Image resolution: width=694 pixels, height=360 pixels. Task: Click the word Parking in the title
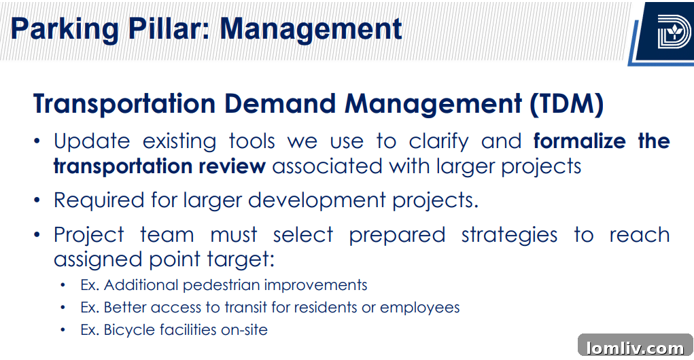[65, 30]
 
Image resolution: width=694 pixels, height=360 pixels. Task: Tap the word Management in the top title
[311, 30]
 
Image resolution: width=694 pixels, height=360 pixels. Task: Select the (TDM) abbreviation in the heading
[566, 104]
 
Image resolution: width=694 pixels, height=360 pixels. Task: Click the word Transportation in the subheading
[124, 104]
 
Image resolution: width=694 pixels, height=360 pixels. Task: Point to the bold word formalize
[579, 141]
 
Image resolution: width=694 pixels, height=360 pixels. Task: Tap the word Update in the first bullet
[92, 142]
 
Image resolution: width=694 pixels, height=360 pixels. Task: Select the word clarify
[438, 142]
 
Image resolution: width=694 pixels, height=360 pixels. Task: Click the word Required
[99, 200]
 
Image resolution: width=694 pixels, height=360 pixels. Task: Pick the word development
[317, 200]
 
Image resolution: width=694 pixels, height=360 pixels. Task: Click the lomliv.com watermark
[635, 348]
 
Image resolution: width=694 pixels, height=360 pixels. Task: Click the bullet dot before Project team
[37, 234]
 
